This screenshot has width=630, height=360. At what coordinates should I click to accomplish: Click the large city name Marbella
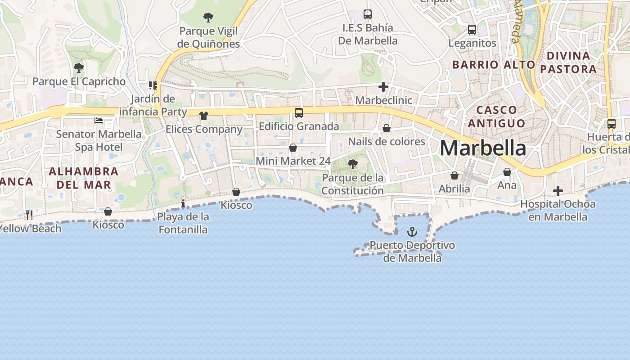point(482,148)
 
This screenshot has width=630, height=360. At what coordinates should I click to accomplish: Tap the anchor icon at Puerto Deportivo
point(412,232)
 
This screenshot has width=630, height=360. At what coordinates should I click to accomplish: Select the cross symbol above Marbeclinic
point(383,87)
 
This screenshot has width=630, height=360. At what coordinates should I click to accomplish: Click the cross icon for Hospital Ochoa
point(558,191)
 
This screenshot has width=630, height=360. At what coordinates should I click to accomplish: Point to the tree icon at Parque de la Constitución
point(353,164)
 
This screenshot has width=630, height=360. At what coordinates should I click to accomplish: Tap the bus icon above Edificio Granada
point(299,113)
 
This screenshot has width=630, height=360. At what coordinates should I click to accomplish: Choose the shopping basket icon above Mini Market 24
point(293,148)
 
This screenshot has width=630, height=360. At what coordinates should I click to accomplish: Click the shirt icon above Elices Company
point(204,116)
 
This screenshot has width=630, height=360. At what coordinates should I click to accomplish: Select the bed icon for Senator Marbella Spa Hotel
point(99,121)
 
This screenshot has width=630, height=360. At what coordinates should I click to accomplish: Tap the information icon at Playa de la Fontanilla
point(183,204)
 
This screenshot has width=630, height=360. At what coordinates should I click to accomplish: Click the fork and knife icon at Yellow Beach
point(29,215)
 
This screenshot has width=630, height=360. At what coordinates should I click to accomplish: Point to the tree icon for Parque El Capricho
point(79,68)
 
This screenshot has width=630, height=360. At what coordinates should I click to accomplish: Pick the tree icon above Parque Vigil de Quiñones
point(208,18)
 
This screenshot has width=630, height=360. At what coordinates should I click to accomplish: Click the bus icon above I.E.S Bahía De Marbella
point(368,14)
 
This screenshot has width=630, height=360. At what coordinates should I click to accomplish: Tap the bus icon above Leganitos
point(472,30)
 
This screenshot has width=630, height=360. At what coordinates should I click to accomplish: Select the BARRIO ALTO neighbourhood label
point(494,65)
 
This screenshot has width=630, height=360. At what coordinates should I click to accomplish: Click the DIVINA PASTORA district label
point(568,63)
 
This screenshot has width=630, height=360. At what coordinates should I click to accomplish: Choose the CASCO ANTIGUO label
point(496,117)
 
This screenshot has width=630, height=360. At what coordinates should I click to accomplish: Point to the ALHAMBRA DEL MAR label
point(84,178)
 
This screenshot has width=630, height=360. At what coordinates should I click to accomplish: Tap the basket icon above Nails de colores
point(387,129)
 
